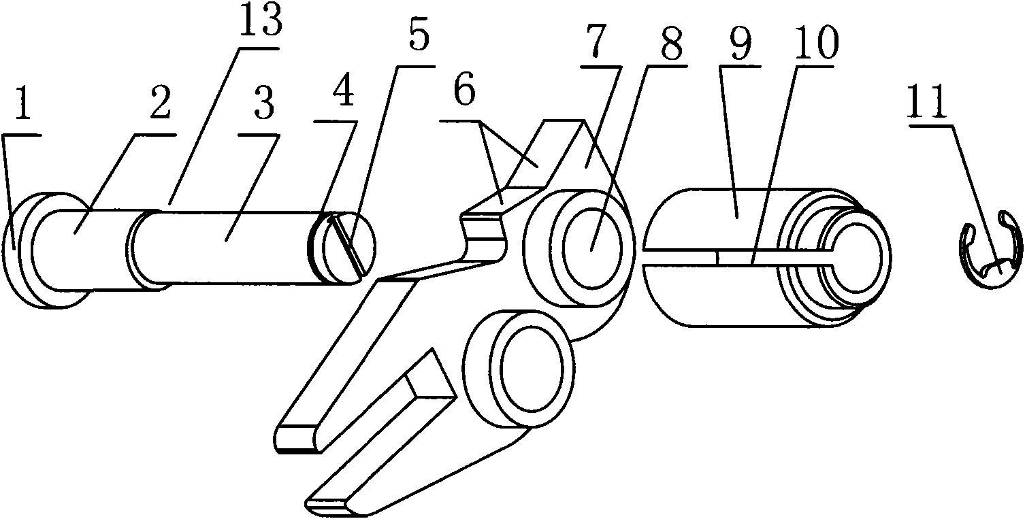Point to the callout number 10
pos(817,44)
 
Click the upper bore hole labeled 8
pos(593,248)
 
